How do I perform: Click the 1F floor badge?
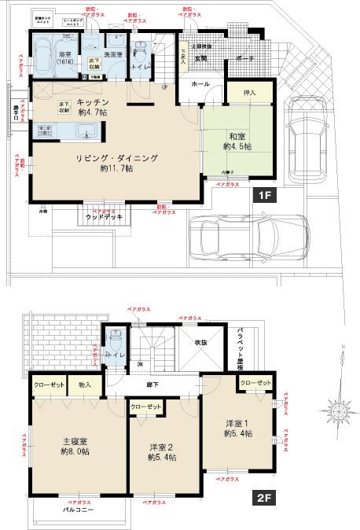coord(263,193)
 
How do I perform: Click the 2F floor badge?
coord(263,498)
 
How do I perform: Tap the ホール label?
coord(200,82)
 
